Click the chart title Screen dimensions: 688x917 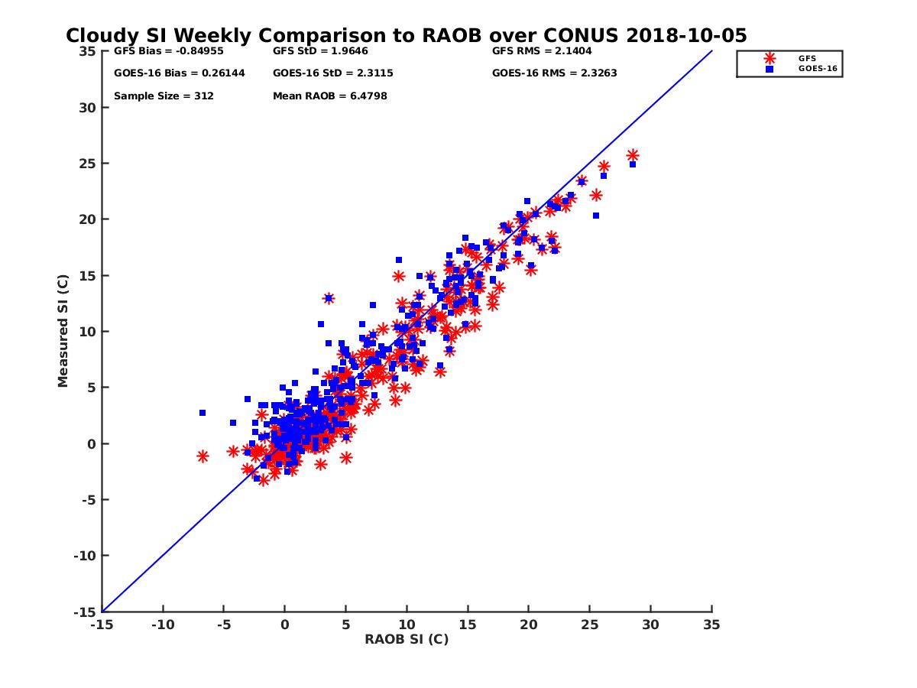[x=406, y=36]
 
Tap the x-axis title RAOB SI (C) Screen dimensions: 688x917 [x=406, y=639]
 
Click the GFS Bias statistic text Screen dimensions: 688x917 [x=161, y=51]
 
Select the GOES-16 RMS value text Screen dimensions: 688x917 [x=554, y=73]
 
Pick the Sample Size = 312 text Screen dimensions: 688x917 [x=164, y=96]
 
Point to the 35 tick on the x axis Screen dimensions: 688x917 [x=711, y=625]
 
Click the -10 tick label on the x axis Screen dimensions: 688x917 [x=162, y=625]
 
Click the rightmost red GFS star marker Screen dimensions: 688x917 [x=633, y=155]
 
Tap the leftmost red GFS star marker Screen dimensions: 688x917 [x=203, y=456]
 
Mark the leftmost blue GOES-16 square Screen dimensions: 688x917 [x=203, y=413]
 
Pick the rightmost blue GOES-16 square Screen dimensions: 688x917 [x=633, y=164]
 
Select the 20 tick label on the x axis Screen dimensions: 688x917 [x=528, y=625]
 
